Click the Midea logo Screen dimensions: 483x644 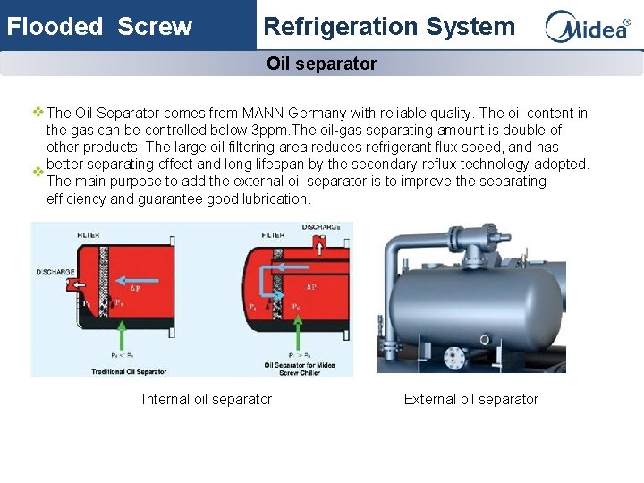tap(588, 27)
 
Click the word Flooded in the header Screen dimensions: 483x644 tap(55, 27)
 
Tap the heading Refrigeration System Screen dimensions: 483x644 tap(389, 27)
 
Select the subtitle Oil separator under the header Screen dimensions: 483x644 tap(322, 64)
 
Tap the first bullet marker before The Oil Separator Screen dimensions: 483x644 tap(38, 114)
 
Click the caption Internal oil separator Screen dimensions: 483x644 tap(207, 400)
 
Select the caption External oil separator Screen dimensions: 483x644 tap(471, 400)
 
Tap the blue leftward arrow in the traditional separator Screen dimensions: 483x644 tap(78, 288)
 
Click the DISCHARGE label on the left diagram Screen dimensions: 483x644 tap(54, 271)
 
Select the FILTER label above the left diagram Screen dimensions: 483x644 tap(88, 234)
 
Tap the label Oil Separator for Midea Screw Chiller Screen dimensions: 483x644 tap(300, 368)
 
